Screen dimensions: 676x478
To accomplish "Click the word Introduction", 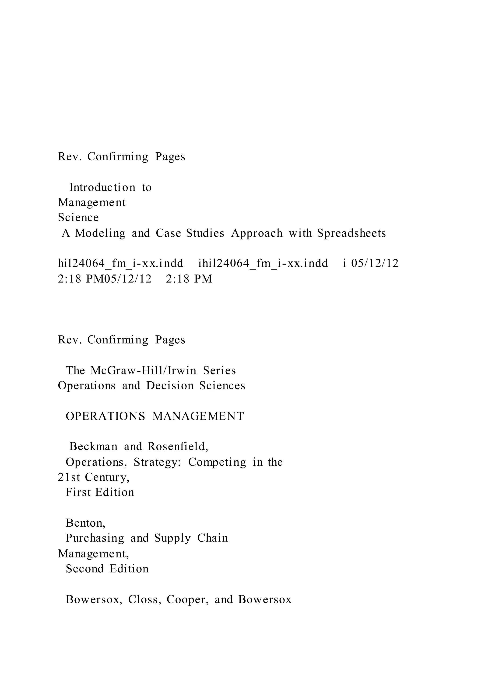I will pyautogui.click(x=102, y=187).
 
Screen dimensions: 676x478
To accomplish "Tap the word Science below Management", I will pyautogui.click(x=78, y=218).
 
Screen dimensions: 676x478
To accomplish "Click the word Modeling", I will pyautogui.click(x=100, y=233).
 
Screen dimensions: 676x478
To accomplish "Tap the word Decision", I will pyautogui.click(x=170, y=385).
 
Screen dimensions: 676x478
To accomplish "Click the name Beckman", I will pyautogui.click(x=93, y=446).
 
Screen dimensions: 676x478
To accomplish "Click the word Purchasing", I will pyautogui.click(x=95, y=538).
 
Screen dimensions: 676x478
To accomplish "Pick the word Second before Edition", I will pyautogui.click(x=84, y=569).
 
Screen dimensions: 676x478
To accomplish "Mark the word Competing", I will pyautogui.click(x=217, y=462).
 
